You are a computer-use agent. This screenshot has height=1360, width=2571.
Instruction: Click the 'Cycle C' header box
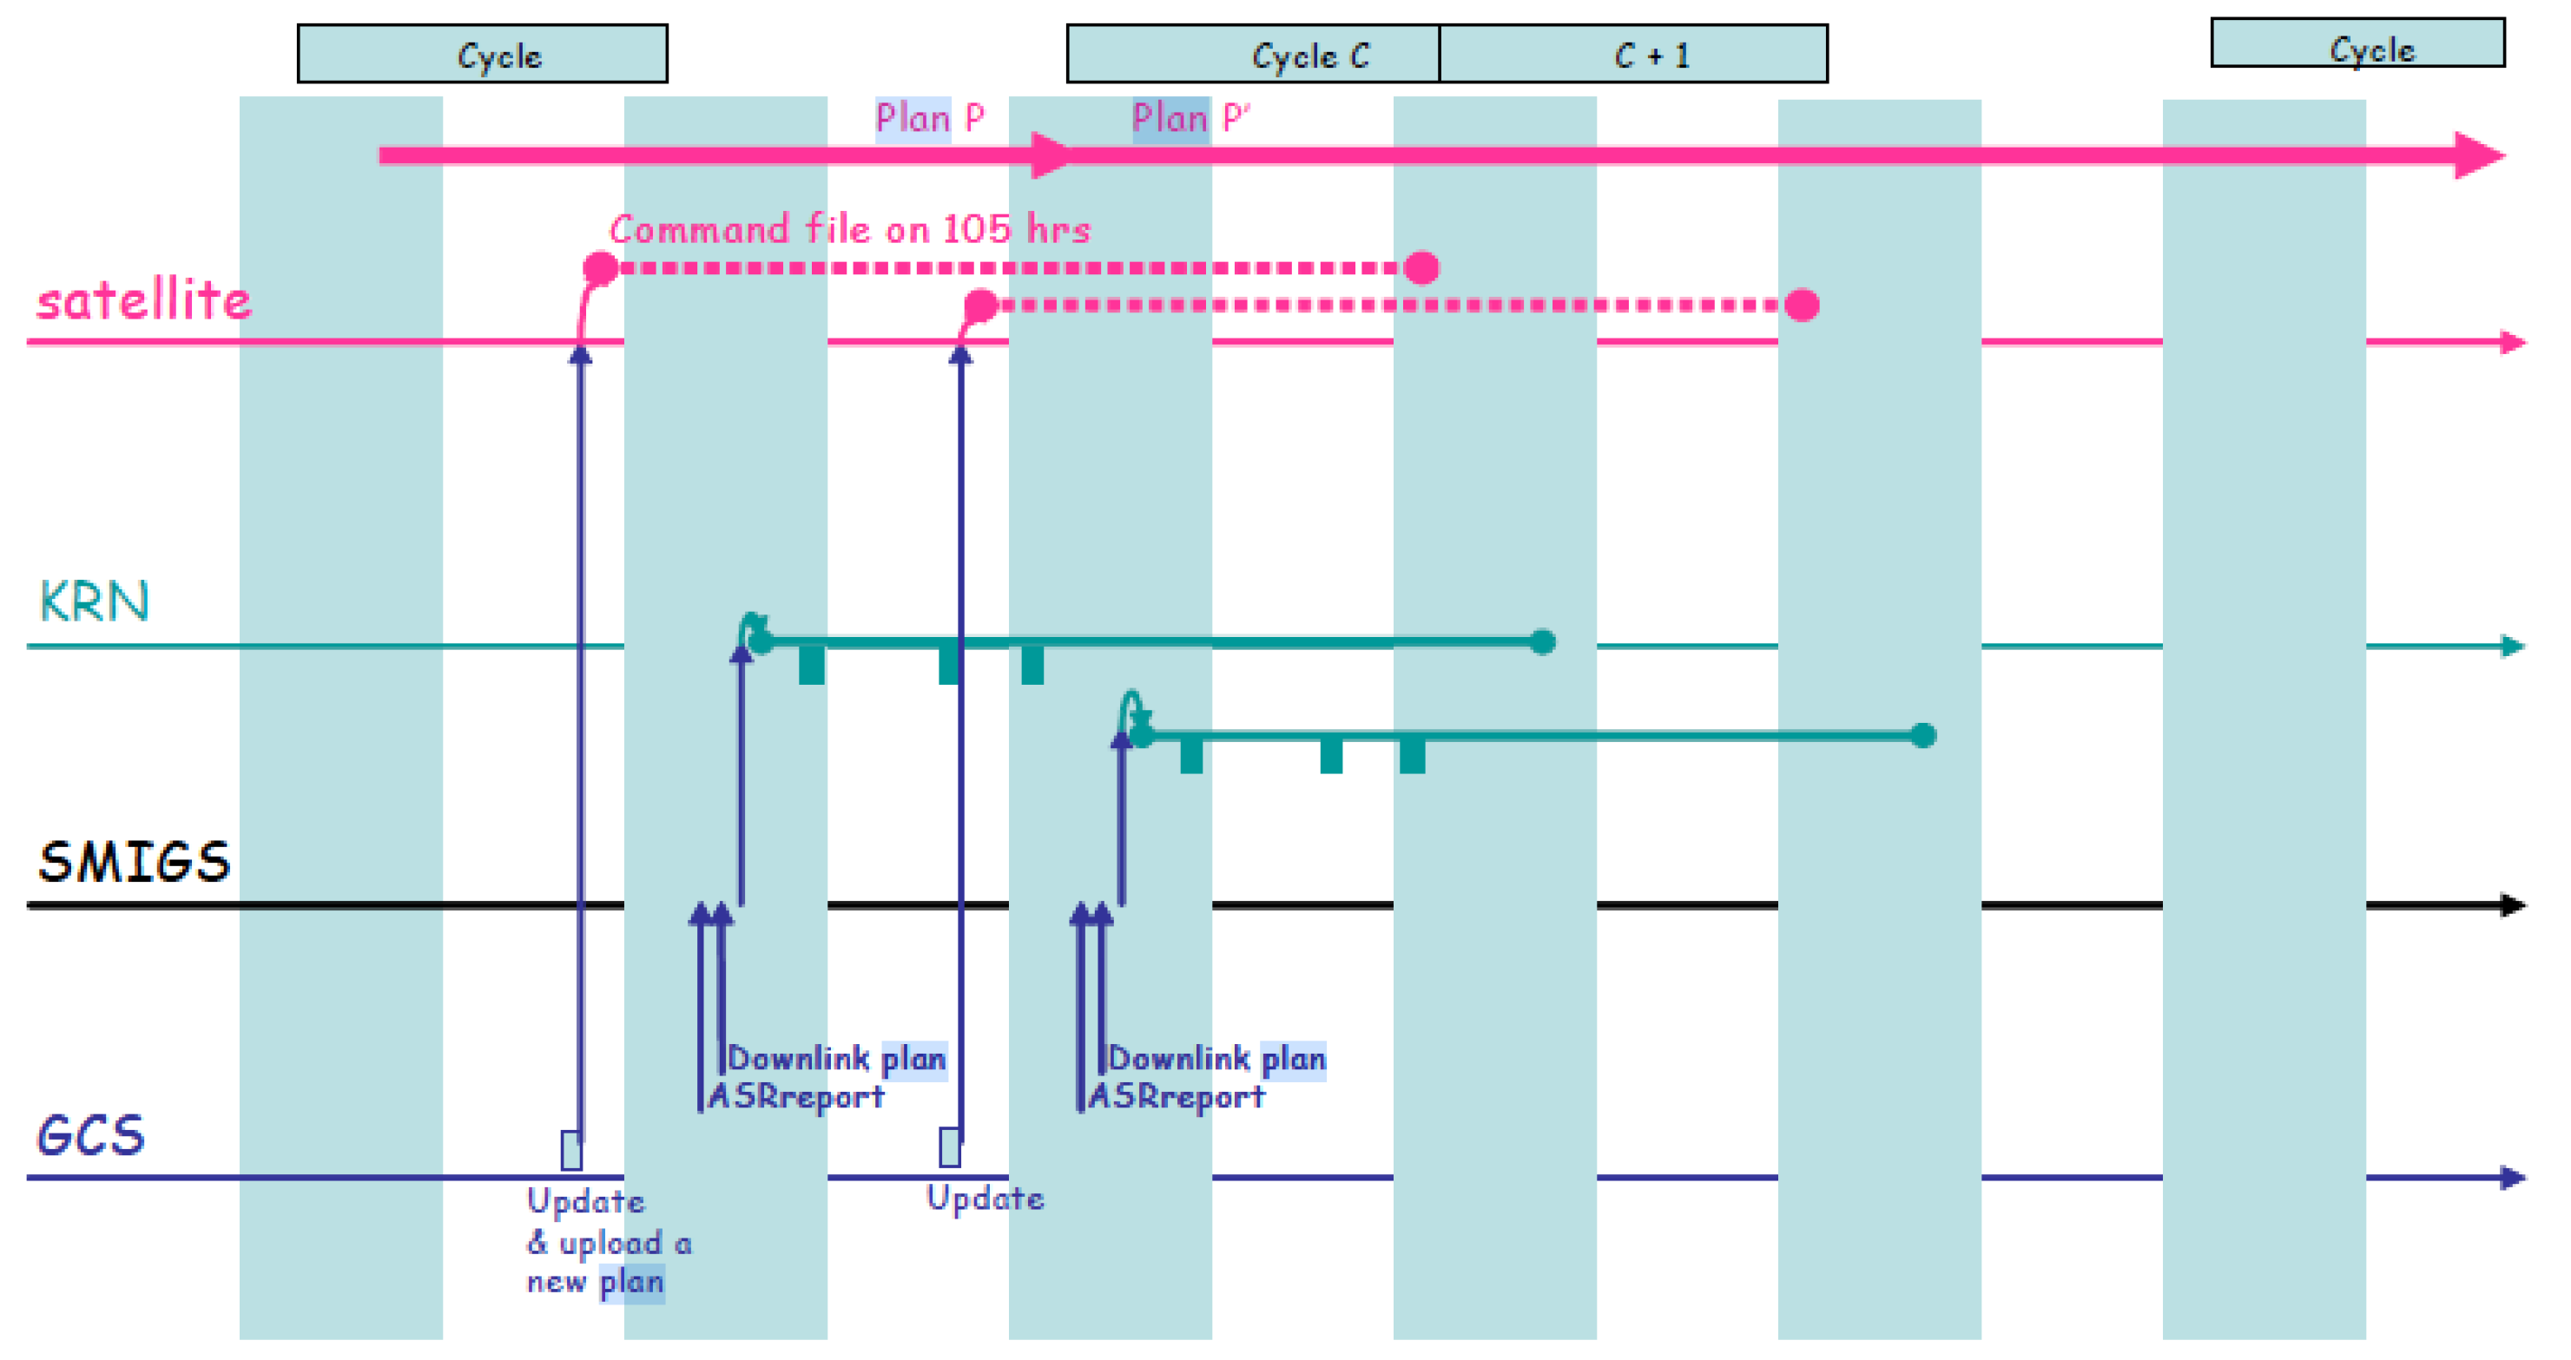click(1253, 54)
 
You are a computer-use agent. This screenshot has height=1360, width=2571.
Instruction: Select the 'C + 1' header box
click(1633, 54)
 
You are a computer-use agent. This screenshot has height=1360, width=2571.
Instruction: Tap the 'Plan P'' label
click(1190, 118)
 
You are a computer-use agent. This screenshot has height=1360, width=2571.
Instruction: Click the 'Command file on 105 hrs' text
click(849, 229)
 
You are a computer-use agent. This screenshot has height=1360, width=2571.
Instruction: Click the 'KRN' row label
click(94, 601)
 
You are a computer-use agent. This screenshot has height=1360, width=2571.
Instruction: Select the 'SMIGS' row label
click(134, 862)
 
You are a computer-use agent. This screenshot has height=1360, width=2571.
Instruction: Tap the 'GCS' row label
click(91, 1135)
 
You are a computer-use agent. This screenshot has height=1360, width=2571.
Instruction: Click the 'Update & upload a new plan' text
click(607, 1242)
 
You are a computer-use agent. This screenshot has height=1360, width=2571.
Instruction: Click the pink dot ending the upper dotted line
click(1421, 267)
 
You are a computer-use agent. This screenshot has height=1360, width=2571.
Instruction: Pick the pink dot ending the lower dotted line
click(1802, 305)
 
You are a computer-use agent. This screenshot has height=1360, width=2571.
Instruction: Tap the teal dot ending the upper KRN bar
click(1543, 641)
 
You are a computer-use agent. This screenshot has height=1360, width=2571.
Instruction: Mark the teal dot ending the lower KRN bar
click(1923, 735)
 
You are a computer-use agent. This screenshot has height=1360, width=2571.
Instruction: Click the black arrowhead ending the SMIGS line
click(2513, 905)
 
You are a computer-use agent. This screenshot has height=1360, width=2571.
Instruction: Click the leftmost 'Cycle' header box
click(482, 54)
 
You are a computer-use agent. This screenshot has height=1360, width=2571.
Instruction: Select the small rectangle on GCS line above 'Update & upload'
click(570, 1149)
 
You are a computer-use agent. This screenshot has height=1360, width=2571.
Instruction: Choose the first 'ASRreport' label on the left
click(795, 1096)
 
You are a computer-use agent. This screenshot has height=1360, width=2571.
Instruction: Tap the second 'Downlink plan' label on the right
click(1216, 1058)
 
